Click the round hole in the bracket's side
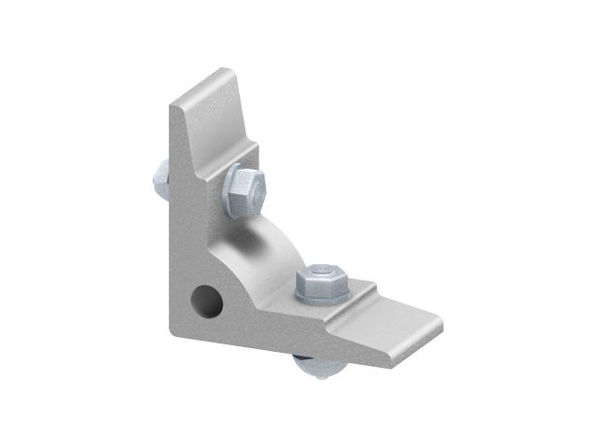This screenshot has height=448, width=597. click(206, 300)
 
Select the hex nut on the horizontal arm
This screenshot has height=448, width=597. click(321, 284)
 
